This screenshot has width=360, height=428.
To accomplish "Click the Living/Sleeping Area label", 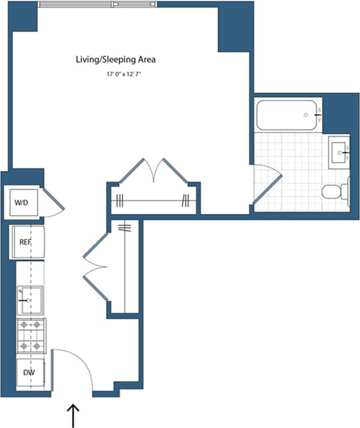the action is click(115, 59).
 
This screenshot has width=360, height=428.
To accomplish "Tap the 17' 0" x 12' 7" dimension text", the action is click(123, 74).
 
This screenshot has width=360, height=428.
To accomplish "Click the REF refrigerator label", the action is click(25, 242).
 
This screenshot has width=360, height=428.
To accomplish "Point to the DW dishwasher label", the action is click(29, 373).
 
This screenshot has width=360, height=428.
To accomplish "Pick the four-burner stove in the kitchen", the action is click(31, 336).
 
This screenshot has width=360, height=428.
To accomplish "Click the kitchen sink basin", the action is click(30, 300).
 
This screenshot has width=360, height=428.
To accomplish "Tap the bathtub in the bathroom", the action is click(287, 115).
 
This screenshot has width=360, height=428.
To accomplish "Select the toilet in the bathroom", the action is click(336, 191).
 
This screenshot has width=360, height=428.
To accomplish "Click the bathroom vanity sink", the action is click(339, 153).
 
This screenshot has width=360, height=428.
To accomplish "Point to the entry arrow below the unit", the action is click(73, 416).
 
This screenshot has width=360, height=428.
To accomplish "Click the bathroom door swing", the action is click(267, 184).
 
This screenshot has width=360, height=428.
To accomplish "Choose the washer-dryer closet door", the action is click(52, 202).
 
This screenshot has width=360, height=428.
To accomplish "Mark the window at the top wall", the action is click(97, 4).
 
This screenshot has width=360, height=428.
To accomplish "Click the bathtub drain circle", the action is click(306, 115).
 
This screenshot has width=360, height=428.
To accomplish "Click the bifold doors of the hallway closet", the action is click(96, 267).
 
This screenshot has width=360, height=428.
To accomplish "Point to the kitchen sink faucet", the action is click(24, 300).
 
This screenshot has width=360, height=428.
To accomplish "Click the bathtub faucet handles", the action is click(319, 115).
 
